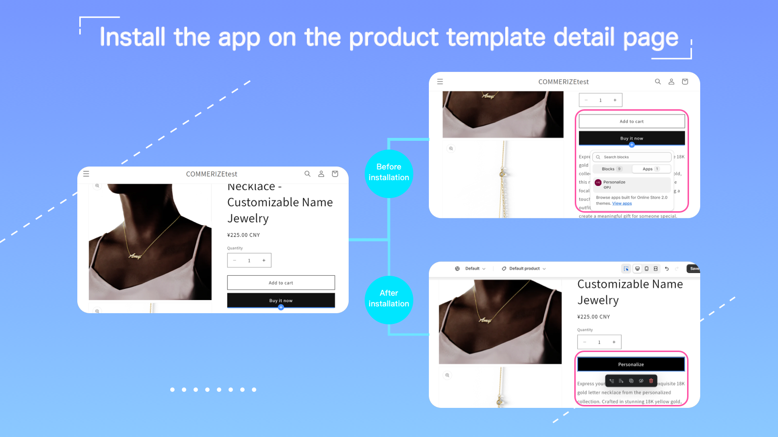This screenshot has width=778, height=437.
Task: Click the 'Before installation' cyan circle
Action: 389,173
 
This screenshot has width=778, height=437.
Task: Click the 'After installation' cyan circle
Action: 389,299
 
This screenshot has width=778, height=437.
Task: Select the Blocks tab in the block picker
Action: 611,169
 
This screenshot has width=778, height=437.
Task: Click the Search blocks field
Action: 632,157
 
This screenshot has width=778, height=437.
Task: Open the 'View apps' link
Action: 622,203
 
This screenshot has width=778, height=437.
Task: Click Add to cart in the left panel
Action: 281,283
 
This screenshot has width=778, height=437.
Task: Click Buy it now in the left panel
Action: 281,301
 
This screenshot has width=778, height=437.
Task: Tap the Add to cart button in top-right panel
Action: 631,121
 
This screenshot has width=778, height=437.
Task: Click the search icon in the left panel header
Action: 307,174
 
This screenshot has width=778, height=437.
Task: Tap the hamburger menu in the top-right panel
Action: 440,82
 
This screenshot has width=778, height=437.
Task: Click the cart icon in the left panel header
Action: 335,174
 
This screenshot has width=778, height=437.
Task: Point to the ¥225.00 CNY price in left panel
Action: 244,235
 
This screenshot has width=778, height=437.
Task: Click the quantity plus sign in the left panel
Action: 264,260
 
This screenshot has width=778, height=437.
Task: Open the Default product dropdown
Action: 524,269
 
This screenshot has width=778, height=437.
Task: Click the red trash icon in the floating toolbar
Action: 651,381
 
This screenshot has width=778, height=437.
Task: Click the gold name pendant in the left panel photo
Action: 135,255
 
